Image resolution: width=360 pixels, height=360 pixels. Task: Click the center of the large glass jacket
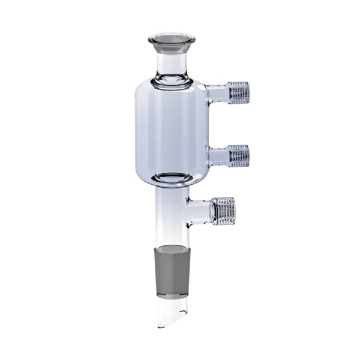click(x=171, y=129)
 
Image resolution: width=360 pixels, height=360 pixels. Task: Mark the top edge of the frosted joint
click(x=171, y=246)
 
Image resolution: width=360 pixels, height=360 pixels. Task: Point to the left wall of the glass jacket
click(x=137, y=129)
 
